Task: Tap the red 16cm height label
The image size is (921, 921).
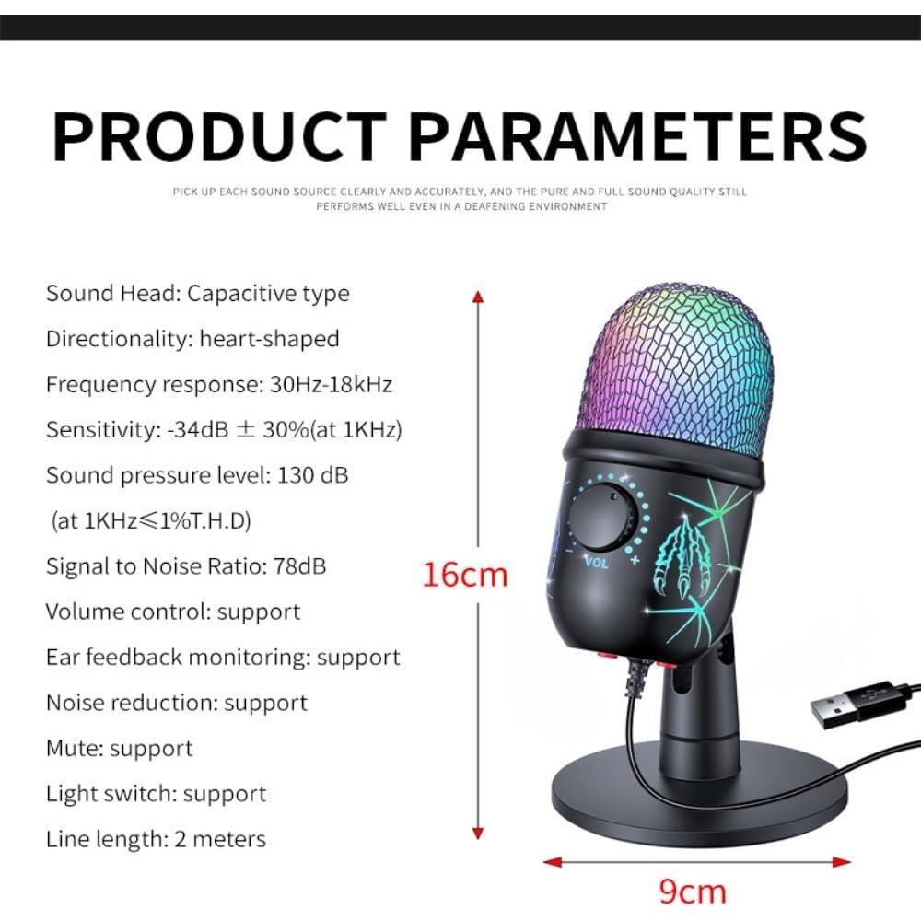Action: coord(464,575)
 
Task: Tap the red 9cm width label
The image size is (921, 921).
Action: coord(692,892)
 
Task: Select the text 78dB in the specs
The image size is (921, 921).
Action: coord(299,566)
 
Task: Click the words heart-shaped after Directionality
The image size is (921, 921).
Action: coord(269,339)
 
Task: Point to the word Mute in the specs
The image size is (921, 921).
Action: coord(74,748)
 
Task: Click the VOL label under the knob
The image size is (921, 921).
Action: coord(595,562)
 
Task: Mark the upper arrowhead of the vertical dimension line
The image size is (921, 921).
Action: coord(477,297)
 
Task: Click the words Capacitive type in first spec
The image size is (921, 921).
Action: coord(268,294)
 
